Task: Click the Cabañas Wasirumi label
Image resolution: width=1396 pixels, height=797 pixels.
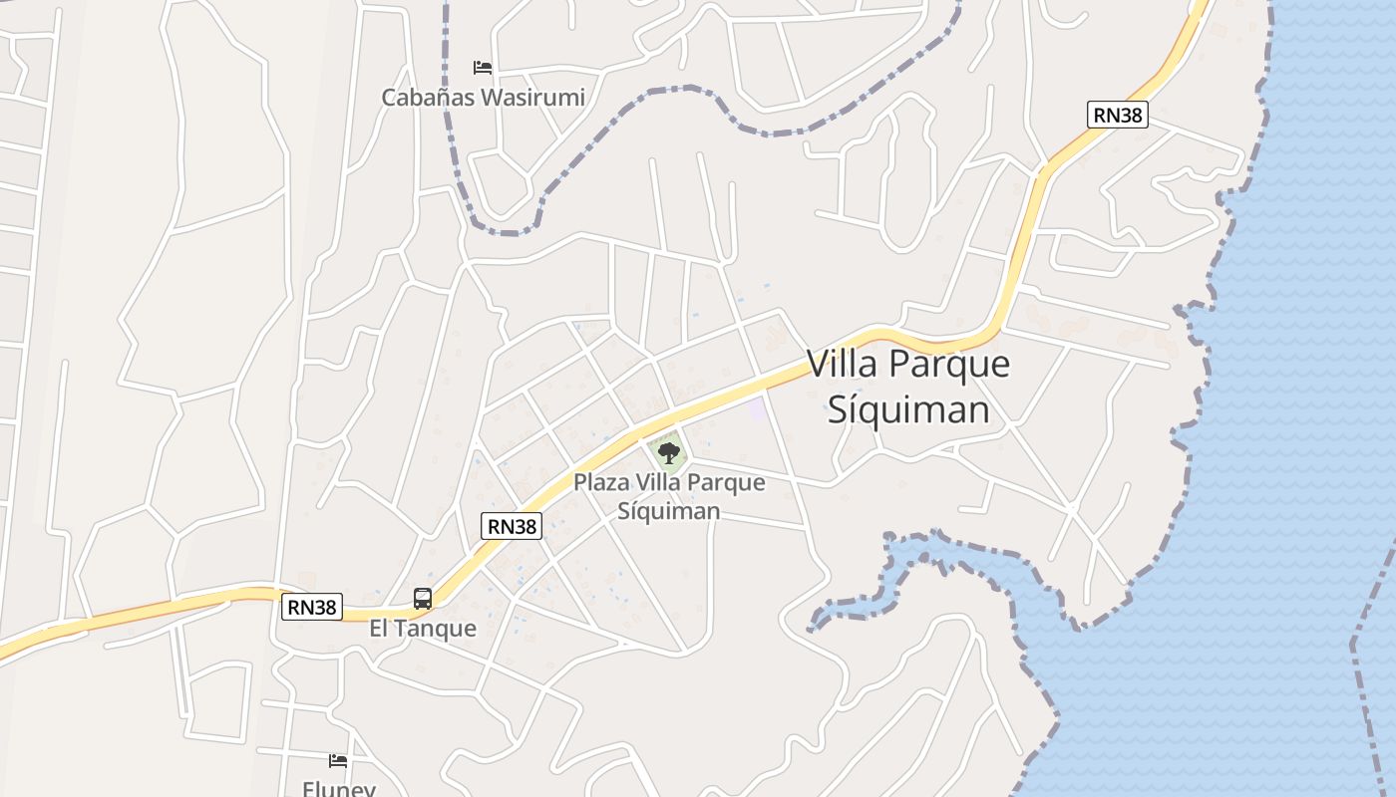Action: pyautogui.click(x=483, y=98)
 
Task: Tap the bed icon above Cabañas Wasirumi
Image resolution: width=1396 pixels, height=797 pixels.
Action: pyautogui.click(x=483, y=68)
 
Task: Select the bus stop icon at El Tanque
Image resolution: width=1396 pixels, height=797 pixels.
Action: pyautogui.click(x=423, y=599)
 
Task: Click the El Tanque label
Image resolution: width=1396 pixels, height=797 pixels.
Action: pyautogui.click(x=423, y=629)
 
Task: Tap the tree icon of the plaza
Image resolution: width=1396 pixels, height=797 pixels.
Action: pyautogui.click(x=668, y=454)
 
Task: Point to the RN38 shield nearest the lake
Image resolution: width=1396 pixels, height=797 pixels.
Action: pyautogui.click(x=1117, y=115)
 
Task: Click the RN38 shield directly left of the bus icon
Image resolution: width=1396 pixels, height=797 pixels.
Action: pyautogui.click(x=311, y=606)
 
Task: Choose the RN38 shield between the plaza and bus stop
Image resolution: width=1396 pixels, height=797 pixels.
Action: pyautogui.click(x=512, y=526)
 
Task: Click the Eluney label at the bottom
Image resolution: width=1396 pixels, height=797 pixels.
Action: pyautogui.click(x=338, y=789)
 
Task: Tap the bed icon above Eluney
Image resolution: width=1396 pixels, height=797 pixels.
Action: pyautogui.click(x=338, y=761)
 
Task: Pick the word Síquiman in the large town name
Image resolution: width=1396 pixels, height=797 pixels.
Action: pyautogui.click(x=908, y=408)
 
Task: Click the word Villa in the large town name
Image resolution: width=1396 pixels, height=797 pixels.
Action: pyautogui.click(x=843, y=365)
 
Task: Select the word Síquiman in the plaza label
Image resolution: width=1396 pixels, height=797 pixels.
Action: pyautogui.click(x=668, y=511)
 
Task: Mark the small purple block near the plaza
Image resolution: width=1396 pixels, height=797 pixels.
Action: pyautogui.click(x=758, y=407)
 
